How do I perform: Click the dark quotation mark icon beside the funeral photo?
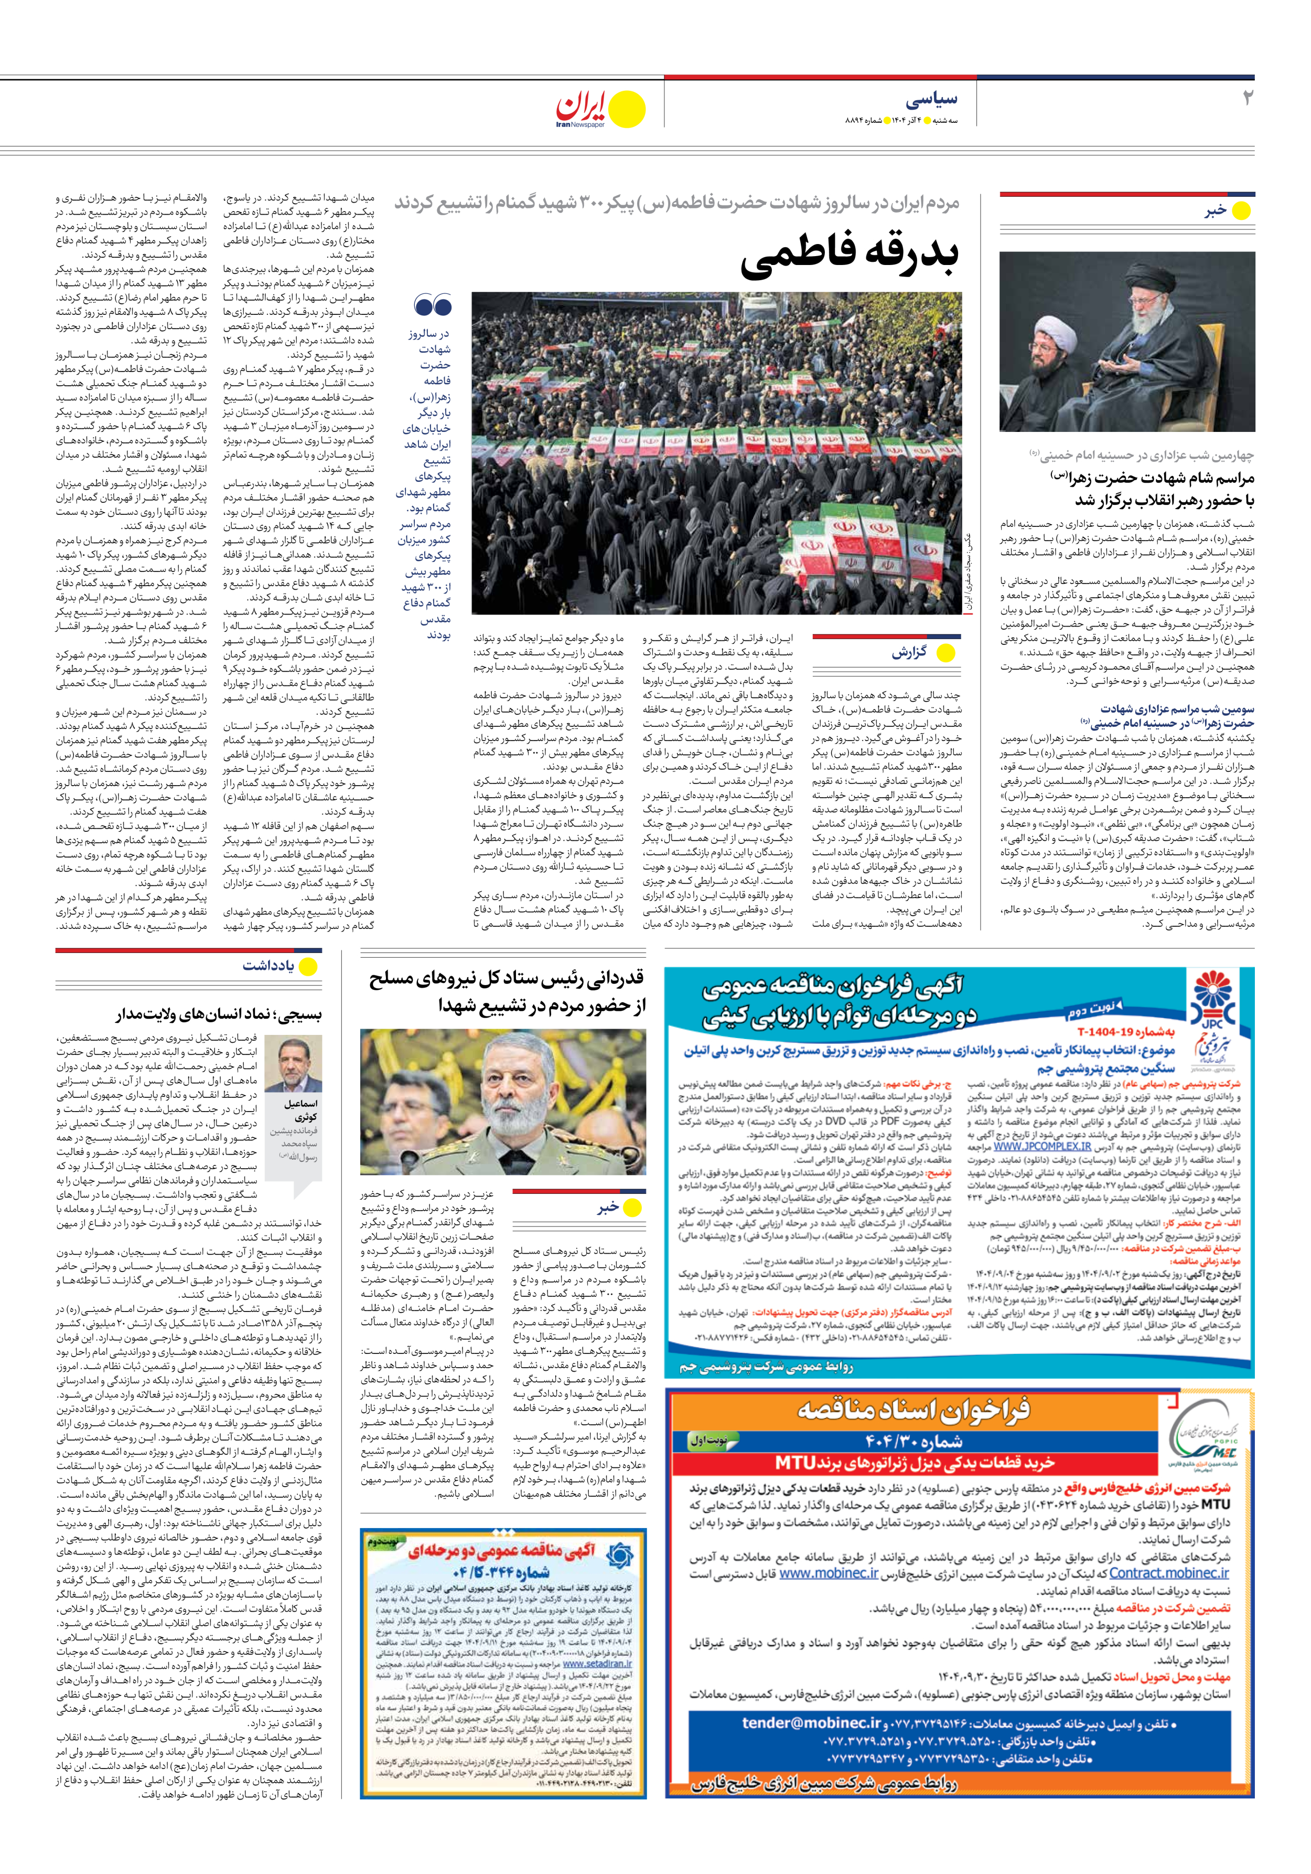(433, 306)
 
